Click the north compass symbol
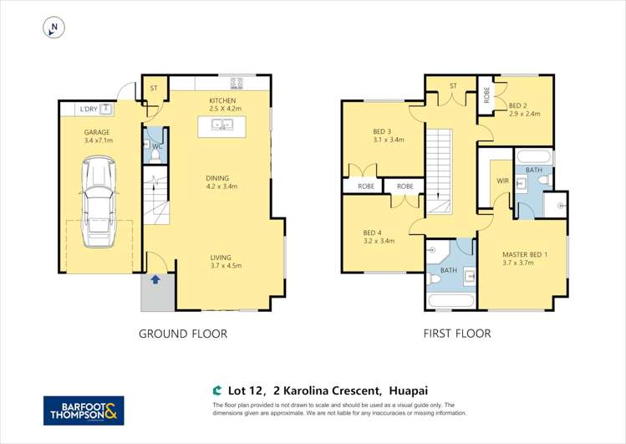(53, 28)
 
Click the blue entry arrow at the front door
(155, 281)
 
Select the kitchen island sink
(222, 125)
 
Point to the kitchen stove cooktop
(237, 83)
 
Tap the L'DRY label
(88, 110)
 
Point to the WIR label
(502, 180)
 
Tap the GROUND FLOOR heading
(182, 334)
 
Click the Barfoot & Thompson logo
(84, 411)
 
